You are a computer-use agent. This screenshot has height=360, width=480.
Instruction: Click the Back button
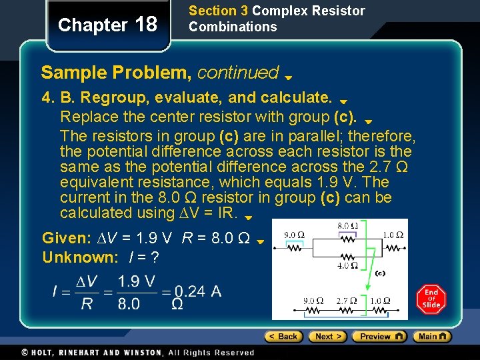pos(283,337)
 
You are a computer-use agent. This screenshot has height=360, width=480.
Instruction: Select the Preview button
pos(379,337)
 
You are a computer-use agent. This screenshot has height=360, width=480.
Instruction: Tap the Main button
pos(431,337)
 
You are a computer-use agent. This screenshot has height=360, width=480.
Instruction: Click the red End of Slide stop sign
pos(431,299)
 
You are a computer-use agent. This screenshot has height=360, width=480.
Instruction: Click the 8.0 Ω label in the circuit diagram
pos(347,227)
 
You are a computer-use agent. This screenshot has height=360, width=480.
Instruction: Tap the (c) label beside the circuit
pos(379,273)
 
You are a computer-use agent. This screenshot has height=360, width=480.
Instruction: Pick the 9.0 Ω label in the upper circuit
pos(295,235)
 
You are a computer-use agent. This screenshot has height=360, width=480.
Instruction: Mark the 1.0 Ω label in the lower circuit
pos(380,301)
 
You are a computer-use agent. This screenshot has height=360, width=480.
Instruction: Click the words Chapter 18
pos(107,25)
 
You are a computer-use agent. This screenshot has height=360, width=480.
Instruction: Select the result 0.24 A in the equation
pos(198,291)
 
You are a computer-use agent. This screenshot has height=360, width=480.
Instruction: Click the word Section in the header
pos(213,11)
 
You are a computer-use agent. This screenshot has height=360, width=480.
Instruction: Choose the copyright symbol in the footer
pos(25,352)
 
